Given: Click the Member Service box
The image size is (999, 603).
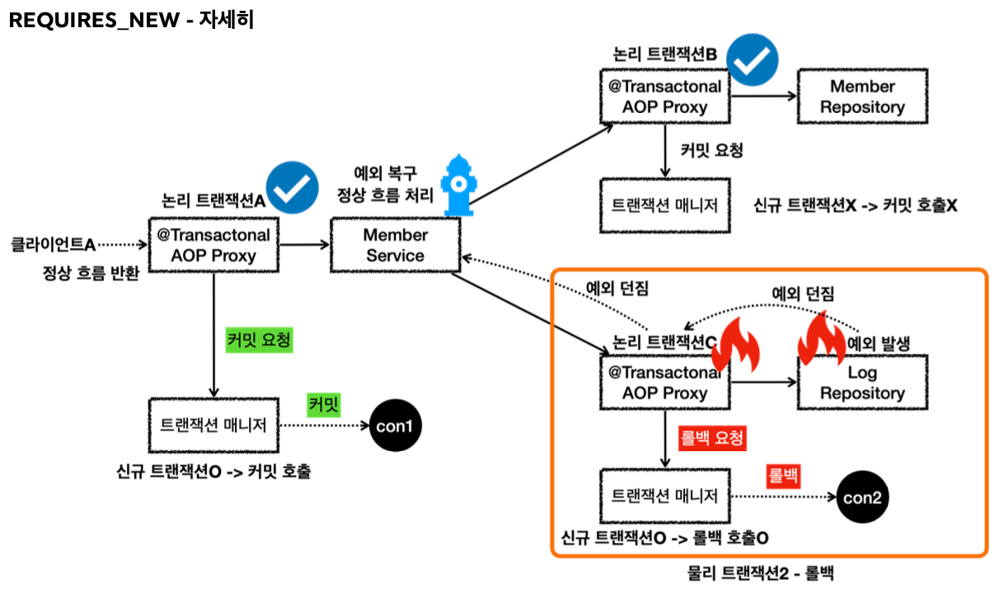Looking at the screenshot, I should pos(395,245).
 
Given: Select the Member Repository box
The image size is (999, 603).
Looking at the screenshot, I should pos(862,97).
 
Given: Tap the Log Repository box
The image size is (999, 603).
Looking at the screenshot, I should pos(862,383).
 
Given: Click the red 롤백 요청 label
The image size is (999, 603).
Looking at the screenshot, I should pos(711,437).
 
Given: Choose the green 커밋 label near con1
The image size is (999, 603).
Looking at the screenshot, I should pos(324,404).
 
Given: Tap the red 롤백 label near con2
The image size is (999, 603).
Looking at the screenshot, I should pos(784,475).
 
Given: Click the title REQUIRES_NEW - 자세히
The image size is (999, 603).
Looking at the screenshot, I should pos(131,21).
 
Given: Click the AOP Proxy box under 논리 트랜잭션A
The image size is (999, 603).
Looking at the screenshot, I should pos(213,245).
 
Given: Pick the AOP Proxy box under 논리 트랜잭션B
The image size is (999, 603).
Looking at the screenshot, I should pos(665,97).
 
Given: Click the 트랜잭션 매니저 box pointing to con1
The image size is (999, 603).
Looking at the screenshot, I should pos(213,426).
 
